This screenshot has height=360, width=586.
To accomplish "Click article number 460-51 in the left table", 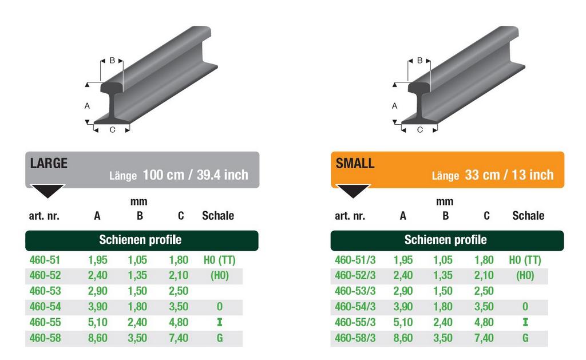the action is pyautogui.click(x=45, y=260).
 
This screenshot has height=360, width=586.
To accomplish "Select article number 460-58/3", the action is pyautogui.click(x=355, y=338).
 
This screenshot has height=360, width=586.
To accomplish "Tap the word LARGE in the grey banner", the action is pyautogui.click(x=49, y=163).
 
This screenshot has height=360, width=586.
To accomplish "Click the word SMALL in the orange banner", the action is pyautogui.click(x=355, y=163).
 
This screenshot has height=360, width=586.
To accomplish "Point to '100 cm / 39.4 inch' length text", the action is pyautogui.click(x=196, y=175).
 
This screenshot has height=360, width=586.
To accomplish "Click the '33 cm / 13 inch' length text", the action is pyautogui.click(x=509, y=175).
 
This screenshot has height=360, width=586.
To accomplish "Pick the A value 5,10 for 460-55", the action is pyautogui.click(x=97, y=322).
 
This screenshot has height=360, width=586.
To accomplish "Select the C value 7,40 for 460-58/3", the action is pyautogui.click(x=484, y=338).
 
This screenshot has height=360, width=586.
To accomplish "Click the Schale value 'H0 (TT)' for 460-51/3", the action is pyautogui.click(x=525, y=260).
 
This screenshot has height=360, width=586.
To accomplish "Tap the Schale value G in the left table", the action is pyautogui.click(x=219, y=338).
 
